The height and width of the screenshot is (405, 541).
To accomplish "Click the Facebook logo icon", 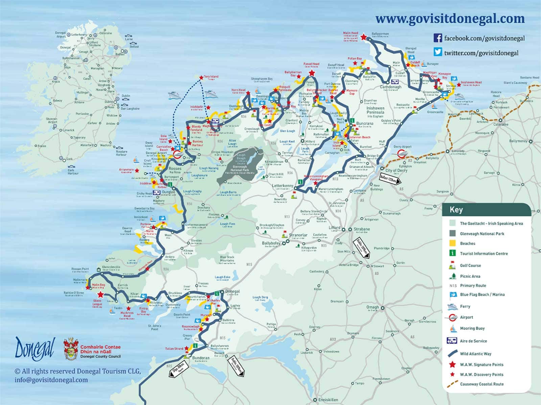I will (x=438, y=38).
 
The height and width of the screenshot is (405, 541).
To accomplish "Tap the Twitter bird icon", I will (x=438, y=52).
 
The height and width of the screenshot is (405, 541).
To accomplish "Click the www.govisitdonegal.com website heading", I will (x=450, y=19).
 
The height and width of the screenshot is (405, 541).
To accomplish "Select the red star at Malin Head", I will (x=364, y=37).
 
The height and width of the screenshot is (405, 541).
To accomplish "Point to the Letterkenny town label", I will (x=283, y=186).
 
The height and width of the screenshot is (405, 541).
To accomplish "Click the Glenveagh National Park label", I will (x=241, y=168).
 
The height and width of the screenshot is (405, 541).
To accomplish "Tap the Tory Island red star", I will (x=201, y=77).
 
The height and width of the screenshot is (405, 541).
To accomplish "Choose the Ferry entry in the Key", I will (x=465, y=306).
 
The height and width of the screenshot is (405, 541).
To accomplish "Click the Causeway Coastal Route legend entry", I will (x=481, y=384).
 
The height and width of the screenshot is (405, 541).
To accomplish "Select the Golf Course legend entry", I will (x=470, y=265).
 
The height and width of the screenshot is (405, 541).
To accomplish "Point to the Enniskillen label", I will (x=328, y=400).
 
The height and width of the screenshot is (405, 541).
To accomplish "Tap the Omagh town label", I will (x=372, y=307).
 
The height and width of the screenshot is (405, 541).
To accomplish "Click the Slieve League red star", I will (x=100, y=295).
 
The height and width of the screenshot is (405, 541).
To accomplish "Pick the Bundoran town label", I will (x=201, y=358).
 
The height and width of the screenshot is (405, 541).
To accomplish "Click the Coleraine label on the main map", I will (x=501, y=125).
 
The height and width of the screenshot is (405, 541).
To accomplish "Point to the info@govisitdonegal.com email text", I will (x=51, y=380).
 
